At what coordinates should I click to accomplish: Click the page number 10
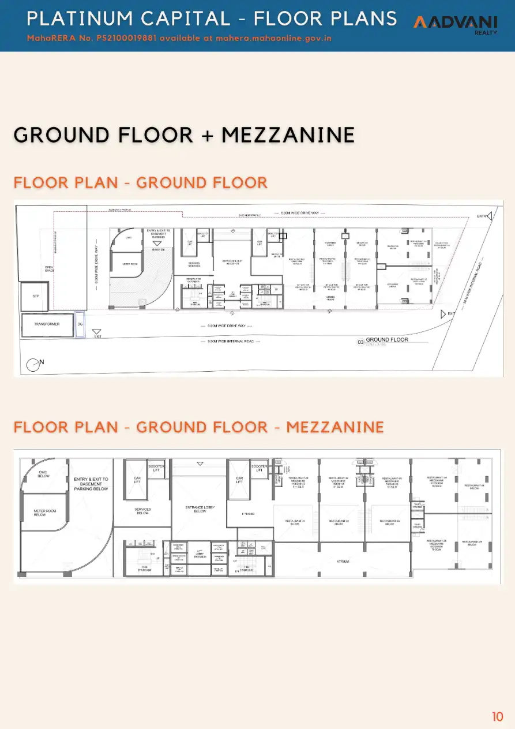coord(497,717)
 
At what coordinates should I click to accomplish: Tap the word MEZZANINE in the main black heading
coord(288,135)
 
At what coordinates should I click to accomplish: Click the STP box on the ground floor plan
coord(35,296)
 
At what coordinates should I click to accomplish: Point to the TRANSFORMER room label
coord(47,324)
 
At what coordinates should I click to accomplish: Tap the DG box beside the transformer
coord(81,324)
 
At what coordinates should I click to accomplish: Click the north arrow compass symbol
coord(33,364)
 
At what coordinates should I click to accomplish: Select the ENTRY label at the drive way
coord(482,216)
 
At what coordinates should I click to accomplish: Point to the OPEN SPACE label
coord(49,268)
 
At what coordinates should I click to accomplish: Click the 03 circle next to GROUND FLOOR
coord(360,342)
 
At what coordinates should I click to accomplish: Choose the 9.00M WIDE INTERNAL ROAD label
coord(231,342)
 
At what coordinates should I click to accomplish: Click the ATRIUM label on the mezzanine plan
coord(344,560)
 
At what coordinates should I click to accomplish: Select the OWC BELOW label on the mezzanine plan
coord(43,474)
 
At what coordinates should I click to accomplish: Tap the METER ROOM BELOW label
coord(40,513)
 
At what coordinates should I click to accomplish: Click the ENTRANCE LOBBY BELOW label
coord(200,509)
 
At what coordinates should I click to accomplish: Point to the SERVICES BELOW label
coord(142,511)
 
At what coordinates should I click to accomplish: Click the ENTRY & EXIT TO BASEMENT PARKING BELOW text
coord(91,484)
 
